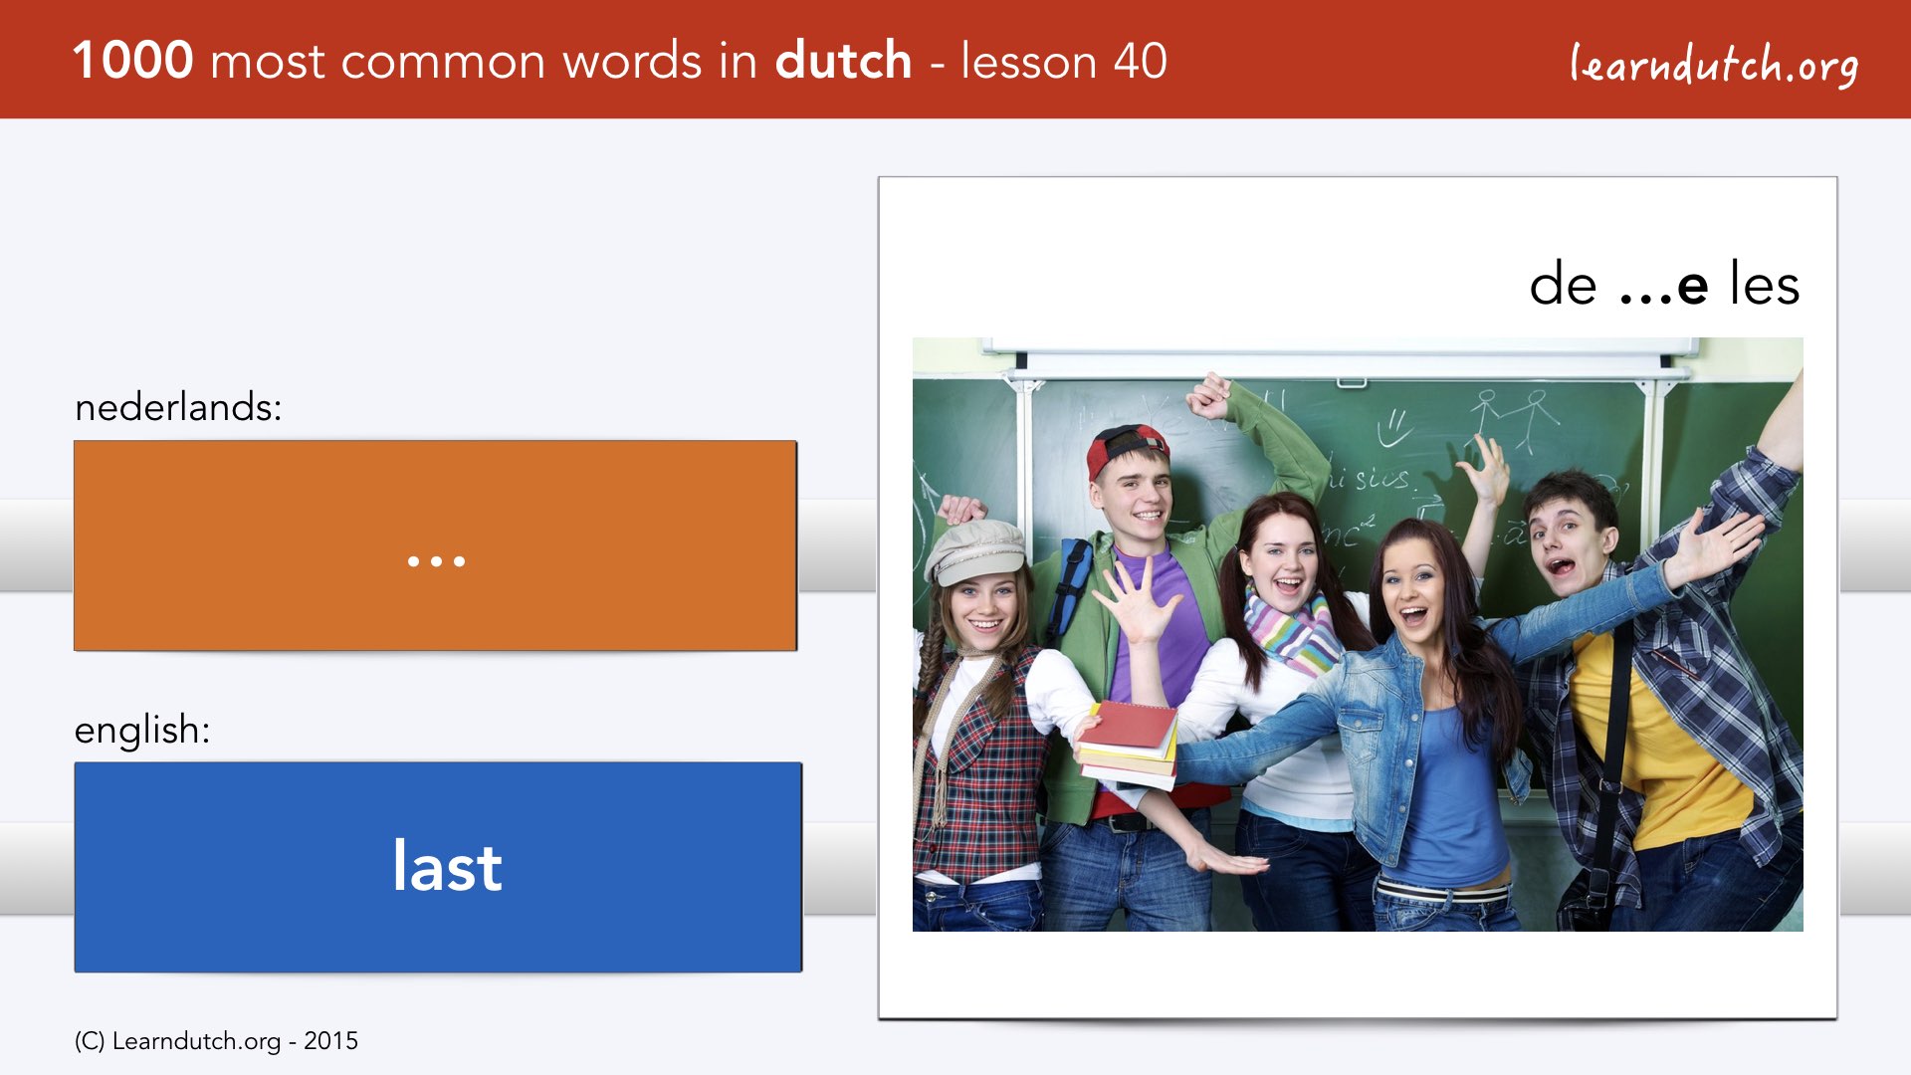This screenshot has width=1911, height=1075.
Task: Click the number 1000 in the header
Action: (x=133, y=61)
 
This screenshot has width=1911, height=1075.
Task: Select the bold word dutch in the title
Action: (x=843, y=60)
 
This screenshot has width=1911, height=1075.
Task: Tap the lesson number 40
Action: (x=1140, y=61)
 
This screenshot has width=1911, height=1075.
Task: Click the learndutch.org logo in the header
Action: (x=1714, y=65)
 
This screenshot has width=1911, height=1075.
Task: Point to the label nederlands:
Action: (x=178, y=407)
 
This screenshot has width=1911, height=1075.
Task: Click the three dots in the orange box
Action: (x=436, y=561)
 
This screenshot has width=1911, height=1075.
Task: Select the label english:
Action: (x=142, y=731)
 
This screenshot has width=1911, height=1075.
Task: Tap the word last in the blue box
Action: (x=447, y=866)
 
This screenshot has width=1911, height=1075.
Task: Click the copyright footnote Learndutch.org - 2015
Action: (x=216, y=1041)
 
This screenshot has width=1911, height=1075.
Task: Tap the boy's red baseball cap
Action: (x=1125, y=449)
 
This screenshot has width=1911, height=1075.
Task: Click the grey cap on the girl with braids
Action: (x=976, y=550)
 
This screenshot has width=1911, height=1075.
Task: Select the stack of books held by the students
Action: (x=1128, y=744)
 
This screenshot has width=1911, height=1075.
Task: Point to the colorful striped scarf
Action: (x=1291, y=630)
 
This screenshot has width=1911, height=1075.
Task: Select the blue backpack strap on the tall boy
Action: (x=1068, y=587)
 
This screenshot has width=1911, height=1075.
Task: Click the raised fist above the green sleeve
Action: (x=1208, y=395)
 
